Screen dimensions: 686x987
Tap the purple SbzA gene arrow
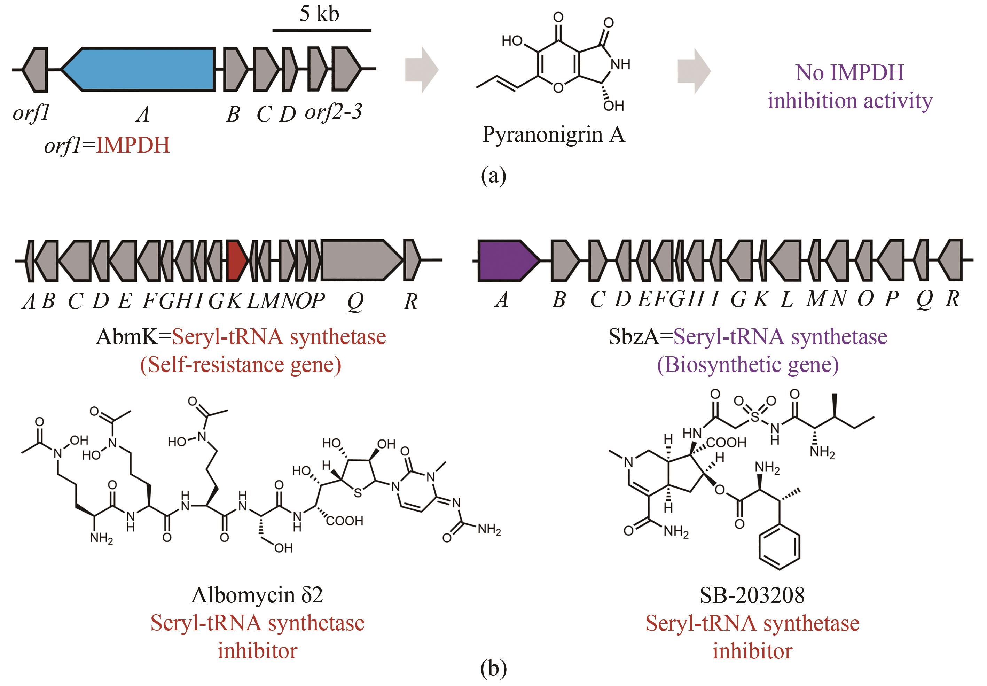click(507, 260)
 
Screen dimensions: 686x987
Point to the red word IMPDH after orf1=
click(133, 145)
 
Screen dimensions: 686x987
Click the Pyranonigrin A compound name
click(554, 134)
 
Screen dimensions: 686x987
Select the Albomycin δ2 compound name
click(257, 595)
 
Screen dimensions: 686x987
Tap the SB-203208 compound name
click(752, 595)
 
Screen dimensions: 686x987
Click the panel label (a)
click(493, 176)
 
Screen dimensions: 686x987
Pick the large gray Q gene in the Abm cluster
click(361, 260)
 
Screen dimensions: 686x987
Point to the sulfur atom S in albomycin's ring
click(358, 493)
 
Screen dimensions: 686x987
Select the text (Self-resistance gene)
click(241, 365)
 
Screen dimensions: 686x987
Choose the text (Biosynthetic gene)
click(748, 365)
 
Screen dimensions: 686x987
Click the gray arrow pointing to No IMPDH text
click(694, 71)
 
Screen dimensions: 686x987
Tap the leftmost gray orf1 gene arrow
click(34, 70)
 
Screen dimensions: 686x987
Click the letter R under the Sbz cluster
click(953, 299)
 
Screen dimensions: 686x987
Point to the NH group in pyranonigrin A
click(620, 64)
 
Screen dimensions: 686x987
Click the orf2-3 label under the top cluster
click(333, 112)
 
